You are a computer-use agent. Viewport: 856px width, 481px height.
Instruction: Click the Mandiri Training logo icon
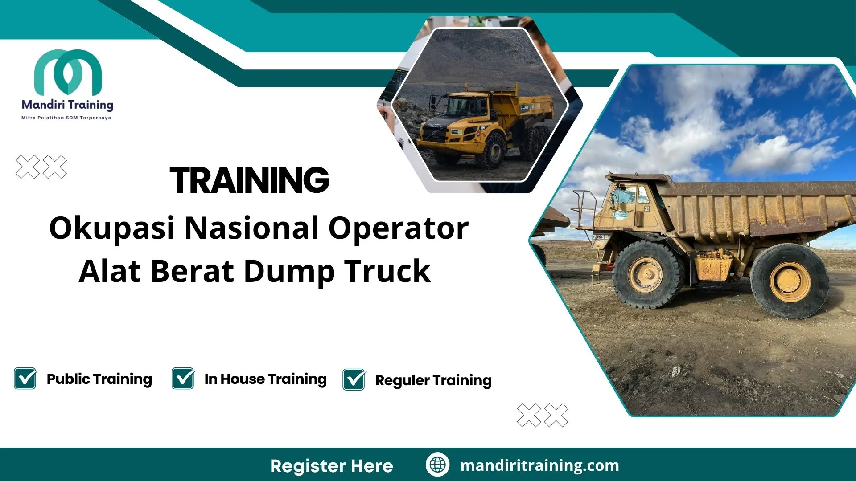coord(68,72)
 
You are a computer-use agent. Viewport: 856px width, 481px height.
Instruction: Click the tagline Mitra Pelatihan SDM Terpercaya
coord(66,118)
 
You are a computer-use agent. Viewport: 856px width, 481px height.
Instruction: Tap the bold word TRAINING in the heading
coord(249,180)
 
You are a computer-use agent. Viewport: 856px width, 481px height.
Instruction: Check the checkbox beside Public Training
coord(25,378)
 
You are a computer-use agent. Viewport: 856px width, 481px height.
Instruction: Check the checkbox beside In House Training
coord(183,378)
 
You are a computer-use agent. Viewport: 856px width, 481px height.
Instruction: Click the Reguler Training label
coord(433,380)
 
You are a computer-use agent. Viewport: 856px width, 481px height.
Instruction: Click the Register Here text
coord(332,466)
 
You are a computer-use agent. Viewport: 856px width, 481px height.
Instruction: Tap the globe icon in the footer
coord(437,465)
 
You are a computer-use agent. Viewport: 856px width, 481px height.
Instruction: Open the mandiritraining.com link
coord(539,465)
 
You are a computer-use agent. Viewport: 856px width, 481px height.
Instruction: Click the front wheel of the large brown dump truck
coord(646,275)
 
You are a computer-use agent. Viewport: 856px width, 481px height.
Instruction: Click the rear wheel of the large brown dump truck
coord(790,281)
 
